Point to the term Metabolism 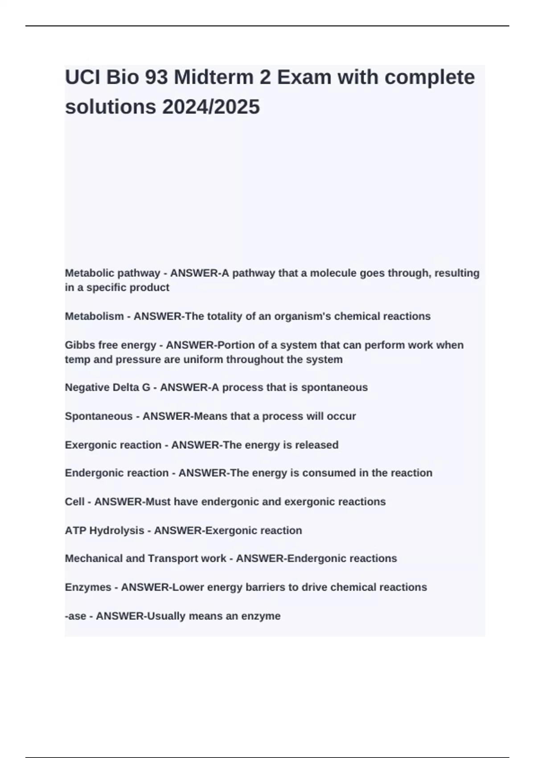pyautogui.click(x=94, y=316)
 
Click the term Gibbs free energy pyautogui.click(x=110, y=345)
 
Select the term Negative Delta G pyautogui.click(x=107, y=387)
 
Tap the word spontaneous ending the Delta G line pyautogui.click(x=334, y=387)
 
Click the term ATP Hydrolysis pyautogui.click(x=104, y=531)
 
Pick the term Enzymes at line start pyautogui.click(x=88, y=587)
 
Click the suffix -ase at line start pyautogui.click(x=75, y=616)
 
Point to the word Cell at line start pyautogui.click(x=74, y=502)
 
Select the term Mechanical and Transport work pyautogui.click(x=145, y=558)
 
